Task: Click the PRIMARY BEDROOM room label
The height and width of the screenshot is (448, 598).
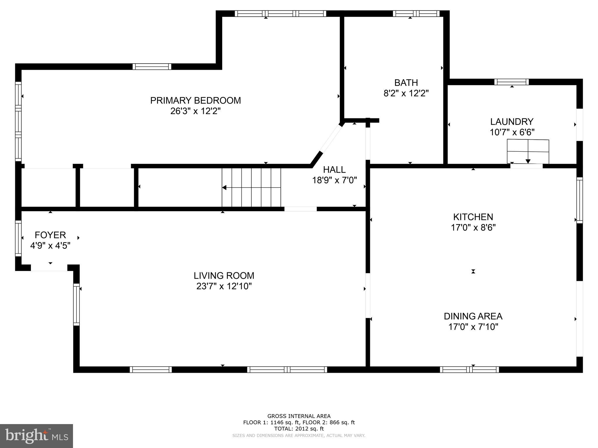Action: tap(195, 101)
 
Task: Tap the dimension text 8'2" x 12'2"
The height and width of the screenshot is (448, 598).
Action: tap(406, 93)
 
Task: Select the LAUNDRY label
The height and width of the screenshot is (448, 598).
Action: tap(512, 122)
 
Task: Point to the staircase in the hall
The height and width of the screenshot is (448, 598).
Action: tap(251, 188)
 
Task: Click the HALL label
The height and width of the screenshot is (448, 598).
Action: tap(334, 169)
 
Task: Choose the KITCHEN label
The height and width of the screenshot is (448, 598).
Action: tap(473, 217)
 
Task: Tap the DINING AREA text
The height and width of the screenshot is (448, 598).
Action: tap(473, 316)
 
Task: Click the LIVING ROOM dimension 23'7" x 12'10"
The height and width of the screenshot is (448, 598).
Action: tap(224, 286)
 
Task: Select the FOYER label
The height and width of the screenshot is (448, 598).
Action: tap(50, 235)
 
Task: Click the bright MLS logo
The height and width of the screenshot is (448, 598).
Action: tap(36, 436)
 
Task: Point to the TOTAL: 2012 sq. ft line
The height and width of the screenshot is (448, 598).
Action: tap(299, 429)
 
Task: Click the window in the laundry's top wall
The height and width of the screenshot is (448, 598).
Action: tap(511, 82)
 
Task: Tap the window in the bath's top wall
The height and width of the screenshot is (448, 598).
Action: tap(416, 13)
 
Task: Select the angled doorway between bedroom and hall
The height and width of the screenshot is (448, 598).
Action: tap(331, 139)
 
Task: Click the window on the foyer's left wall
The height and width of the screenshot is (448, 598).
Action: tap(18, 238)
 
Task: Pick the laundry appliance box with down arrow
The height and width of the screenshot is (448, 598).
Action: tap(528, 152)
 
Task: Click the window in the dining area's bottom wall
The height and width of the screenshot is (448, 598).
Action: tap(469, 370)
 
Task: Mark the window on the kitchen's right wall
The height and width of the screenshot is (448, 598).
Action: tap(579, 200)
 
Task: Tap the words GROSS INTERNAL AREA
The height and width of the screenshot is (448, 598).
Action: tap(299, 416)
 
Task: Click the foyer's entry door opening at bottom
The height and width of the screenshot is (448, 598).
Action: tap(49, 268)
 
